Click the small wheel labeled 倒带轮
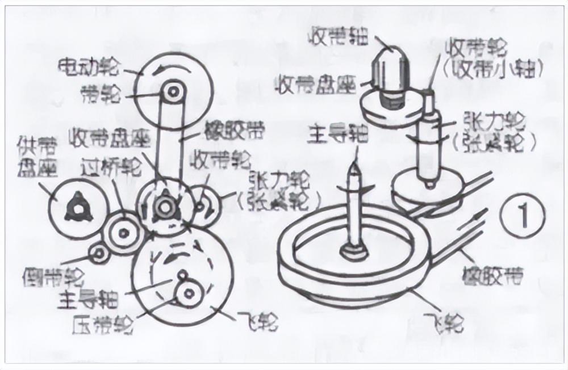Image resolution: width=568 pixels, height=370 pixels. pyautogui.click(x=99, y=255)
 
